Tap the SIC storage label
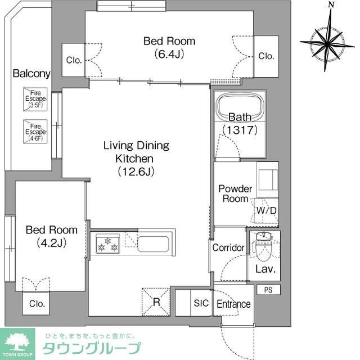click(201, 304)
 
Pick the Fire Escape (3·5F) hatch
click(34, 99)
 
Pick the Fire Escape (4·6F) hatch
click(34, 130)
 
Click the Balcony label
click(31, 74)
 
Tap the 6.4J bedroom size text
click(169, 55)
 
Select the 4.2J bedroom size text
click(51, 243)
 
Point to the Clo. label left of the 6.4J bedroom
click(74, 60)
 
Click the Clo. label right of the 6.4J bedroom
click(266, 56)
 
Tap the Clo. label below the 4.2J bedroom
click(37, 304)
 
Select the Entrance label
click(233, 304)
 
